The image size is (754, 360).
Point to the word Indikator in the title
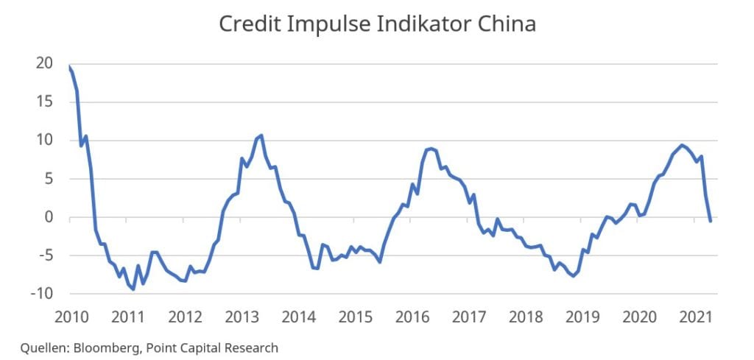pyautogui.click(x=417, y=24)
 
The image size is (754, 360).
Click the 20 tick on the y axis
pyautogui.click(x=43, y=63)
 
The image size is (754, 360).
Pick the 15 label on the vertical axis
pyautogui.click(x=43, y=102)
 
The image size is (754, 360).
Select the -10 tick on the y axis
pyautogui.click(x=41, y=294)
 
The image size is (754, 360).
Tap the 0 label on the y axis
pyautogui.click(x=48, y=217)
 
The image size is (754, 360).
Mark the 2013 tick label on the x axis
pyautogui.click(x=242, y=318)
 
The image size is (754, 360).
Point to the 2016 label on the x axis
pyautogui.click(x=412, y=318)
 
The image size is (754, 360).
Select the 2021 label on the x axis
pyautogui.click(x=696, y=318)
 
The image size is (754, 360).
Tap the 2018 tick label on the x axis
pyautogui.click(x=526, y=318)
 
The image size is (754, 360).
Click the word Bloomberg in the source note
pyautogui.click(x=104, y=347)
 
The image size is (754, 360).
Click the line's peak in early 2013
pyautogui.click(x=261, y=135)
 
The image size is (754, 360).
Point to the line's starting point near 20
pyautogui.click(x=68, y=66)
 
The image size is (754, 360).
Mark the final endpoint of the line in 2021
pyautogui.click(x=710, y=221)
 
